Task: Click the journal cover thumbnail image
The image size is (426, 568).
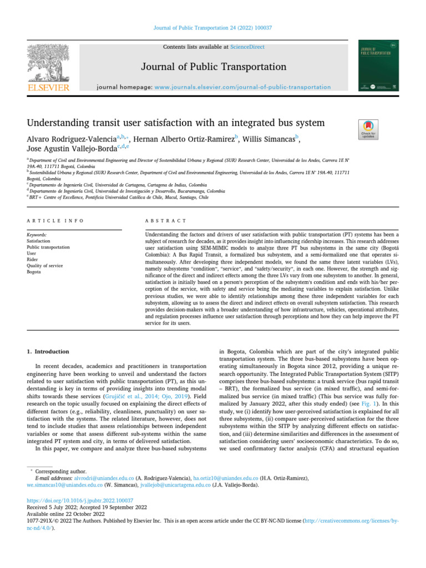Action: (378, 65)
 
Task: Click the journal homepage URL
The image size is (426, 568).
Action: (242, 87)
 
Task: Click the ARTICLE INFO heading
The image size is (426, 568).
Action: (55, 221)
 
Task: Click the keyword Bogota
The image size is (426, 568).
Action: (34, 272)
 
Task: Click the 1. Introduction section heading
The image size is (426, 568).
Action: (48, 351)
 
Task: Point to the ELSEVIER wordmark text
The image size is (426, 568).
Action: (48, 88)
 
